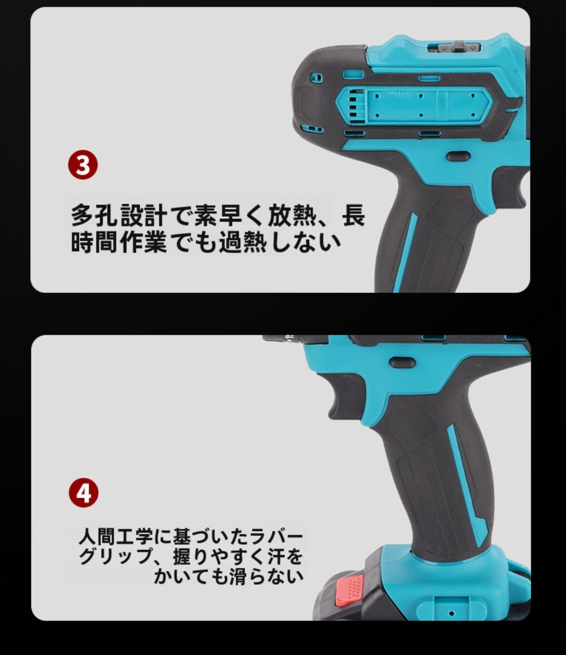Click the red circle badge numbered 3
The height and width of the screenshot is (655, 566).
(83, 166)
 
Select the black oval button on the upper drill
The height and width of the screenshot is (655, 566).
(458, 156)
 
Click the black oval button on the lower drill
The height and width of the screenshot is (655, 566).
(402, 362)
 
